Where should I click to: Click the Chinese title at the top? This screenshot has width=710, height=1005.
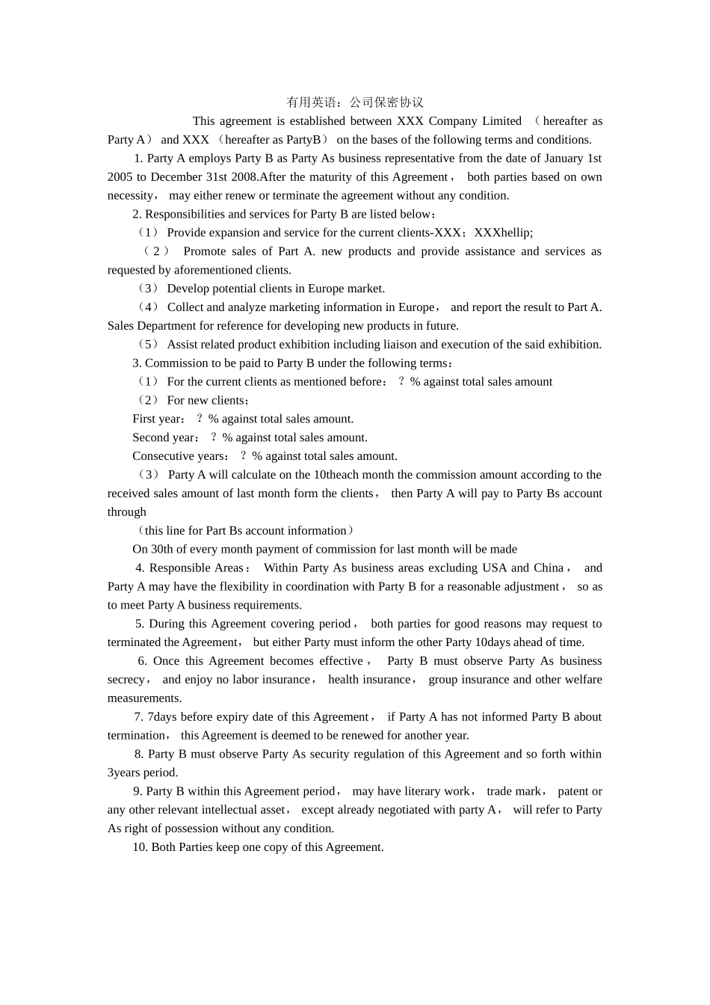[355, 102]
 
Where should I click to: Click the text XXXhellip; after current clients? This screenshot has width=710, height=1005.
[504, 233]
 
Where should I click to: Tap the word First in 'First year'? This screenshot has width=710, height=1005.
[144, 419]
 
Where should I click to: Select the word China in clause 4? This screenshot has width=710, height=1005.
[548, 568]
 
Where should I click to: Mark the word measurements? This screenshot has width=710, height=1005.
[144, 698]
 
